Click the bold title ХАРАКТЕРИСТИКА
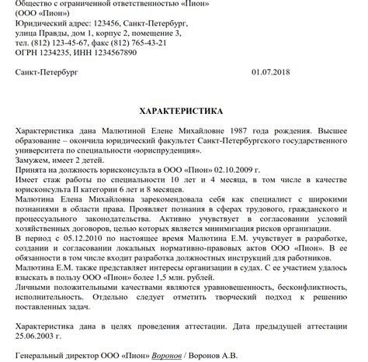point(183,111)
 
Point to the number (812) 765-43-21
point(155,43)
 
